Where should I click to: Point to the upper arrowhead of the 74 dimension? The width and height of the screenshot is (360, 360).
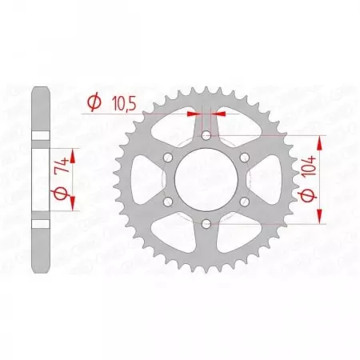74,150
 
